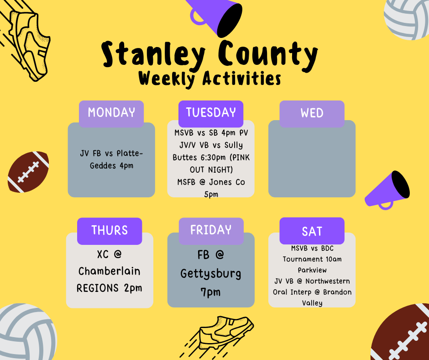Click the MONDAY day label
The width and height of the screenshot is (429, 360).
coord(111,112)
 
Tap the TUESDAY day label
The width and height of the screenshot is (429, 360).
coord(211,112)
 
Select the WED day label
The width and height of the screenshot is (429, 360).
coord(312,113)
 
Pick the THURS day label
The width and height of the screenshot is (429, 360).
coord(110,230)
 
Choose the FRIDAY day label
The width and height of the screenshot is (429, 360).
coord(211,230)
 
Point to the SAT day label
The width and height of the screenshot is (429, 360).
coord(312,231)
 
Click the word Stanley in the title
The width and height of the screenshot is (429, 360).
coord(153,55)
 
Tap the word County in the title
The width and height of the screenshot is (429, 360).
coord(268,55)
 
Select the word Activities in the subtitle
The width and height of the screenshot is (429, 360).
coord(242,79)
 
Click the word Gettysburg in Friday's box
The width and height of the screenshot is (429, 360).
coord(211,274)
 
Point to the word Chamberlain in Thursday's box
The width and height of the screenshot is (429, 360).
coord(110,271)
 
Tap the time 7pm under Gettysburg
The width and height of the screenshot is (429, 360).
coord(210,292)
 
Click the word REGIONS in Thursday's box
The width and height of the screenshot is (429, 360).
coord(98,288)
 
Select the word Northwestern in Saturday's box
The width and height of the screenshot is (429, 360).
coord(328,281)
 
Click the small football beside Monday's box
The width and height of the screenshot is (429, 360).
coord(28,172)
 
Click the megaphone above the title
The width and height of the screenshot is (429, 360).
coord(216,16)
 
